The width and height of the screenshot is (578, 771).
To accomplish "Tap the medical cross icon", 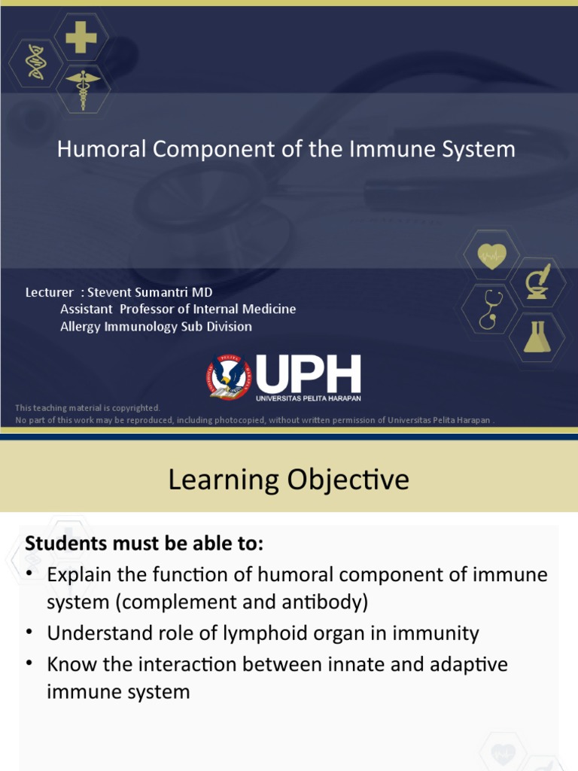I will pyautogui.click(x=81, y=38).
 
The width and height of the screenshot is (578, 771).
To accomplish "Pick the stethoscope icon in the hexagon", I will pyautogui.click(x=490, y=308).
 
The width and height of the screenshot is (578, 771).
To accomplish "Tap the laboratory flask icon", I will pyautogui.click(x=537, y=337).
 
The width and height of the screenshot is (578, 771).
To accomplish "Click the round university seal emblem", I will pyautogui.click(x=230, y=377).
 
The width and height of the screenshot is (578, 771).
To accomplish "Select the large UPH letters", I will pyautogui.click(x=309, y=373).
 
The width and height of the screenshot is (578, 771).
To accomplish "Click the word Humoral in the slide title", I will pyautogui.click(x=102, y=149).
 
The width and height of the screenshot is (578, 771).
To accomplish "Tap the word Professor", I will pyautogui.click(x=149, y=309).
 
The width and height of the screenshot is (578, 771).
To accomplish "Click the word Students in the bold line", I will pyautogui.click(x=63, y=543).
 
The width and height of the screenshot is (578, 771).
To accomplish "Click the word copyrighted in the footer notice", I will pyautogui.click(x=132, y=407).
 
